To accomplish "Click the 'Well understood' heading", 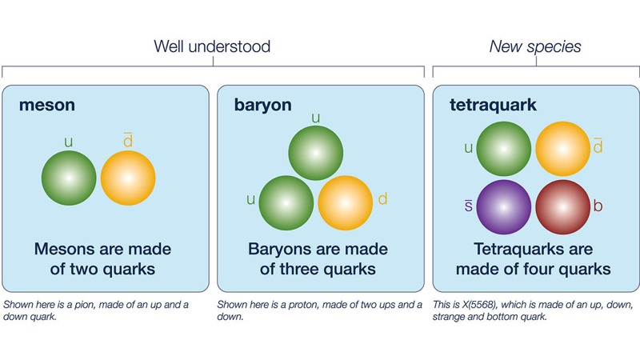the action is coord(212,46).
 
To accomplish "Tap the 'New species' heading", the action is coord(535,47).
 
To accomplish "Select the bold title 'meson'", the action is coord(47,106).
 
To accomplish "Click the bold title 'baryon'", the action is coord(263,106).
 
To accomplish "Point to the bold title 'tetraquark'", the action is coord(493,106).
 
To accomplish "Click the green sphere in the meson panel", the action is coord(69,178).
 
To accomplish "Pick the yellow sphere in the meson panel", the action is coord(128,178).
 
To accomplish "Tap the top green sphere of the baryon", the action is coord(315,153).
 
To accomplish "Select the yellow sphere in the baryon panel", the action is coord(346,203).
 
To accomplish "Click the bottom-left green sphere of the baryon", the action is coord(286,203).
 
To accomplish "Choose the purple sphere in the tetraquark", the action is coord(504,207).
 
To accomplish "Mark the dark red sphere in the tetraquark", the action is coord(563,207).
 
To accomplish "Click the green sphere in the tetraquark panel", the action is coord(504,149).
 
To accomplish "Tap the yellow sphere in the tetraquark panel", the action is coord(563,149).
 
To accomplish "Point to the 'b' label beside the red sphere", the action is coord(598,206).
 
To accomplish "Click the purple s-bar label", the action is coord(469,206).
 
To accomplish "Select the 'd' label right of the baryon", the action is coord(383,198).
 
